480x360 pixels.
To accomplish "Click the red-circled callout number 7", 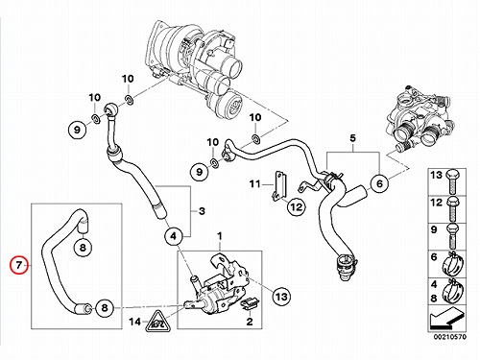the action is (19, 265).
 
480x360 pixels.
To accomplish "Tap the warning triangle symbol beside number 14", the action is (156, 322).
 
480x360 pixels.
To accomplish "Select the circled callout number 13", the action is (281, 296).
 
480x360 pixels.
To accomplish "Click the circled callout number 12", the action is (296, 206).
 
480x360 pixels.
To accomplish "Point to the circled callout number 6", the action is (379, 183).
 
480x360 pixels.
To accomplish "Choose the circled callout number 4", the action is (173, 236).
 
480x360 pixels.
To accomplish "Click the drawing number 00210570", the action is (450, 337).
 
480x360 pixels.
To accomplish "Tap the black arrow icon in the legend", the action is (446, 319).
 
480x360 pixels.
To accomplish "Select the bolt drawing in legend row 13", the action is (453, 181).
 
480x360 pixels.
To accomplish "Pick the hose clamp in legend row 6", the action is (452, 264).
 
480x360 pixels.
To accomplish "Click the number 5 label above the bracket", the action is (352, 138).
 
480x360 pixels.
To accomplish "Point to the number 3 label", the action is (202, 211).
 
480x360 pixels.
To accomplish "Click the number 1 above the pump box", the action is (220, 236).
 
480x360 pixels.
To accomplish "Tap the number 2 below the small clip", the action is (250, 322).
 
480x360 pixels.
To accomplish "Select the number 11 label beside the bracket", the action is (255, 184).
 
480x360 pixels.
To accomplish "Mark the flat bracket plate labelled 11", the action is (279, 186).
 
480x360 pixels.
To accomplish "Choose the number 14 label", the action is (135, 322).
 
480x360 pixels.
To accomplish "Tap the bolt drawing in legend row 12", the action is (453, 209).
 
